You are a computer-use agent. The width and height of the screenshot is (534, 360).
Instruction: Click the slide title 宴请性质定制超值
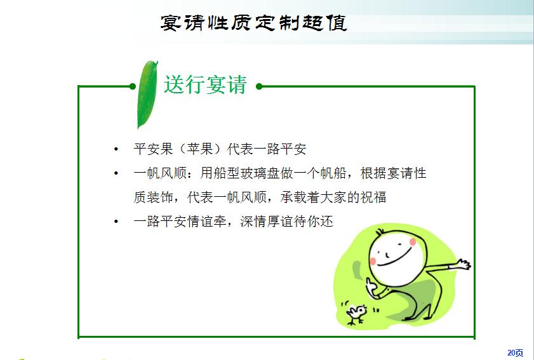254,23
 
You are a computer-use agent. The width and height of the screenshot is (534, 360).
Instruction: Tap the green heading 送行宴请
205,84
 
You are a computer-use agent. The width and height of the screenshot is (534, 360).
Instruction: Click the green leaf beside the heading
147,95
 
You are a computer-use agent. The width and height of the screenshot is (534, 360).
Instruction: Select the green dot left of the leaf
133,86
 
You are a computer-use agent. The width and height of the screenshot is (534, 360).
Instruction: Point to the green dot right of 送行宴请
259,86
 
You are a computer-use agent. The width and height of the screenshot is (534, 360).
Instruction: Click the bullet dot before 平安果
116,149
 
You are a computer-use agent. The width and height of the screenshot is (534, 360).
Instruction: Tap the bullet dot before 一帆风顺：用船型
116,173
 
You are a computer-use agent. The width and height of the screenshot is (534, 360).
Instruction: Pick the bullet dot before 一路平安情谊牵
116,222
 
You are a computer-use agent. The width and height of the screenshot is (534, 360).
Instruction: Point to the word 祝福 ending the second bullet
373,197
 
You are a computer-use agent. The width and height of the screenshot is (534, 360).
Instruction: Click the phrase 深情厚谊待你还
286,222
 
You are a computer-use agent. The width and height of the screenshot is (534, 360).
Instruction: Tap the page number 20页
515,353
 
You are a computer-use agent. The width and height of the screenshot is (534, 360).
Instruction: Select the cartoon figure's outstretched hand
463,264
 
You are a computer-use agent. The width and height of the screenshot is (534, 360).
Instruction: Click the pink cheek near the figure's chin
373,261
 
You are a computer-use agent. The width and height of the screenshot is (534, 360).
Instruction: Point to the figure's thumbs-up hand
371,287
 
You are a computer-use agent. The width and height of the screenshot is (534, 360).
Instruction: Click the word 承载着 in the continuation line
300,197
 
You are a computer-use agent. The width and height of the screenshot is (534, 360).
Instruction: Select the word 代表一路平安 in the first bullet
267,149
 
